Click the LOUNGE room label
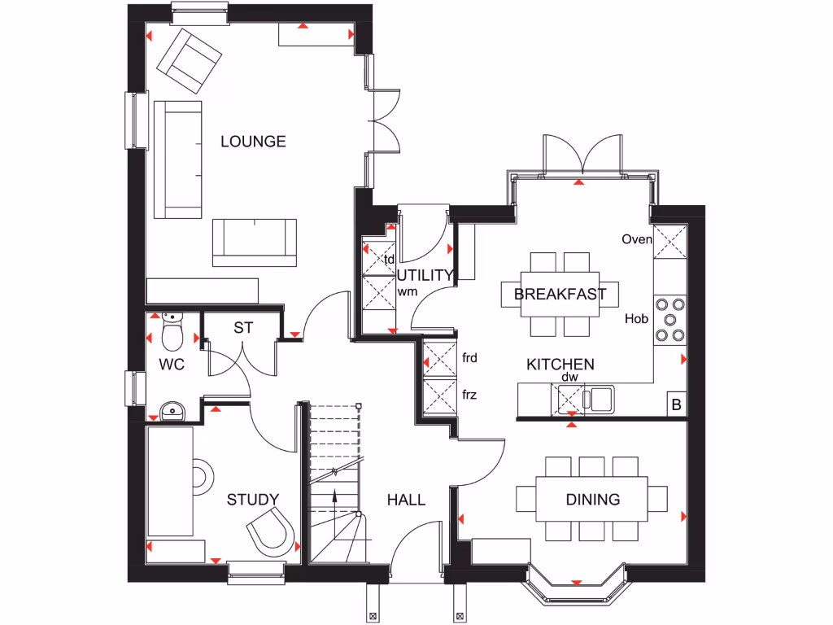tap(253, 142)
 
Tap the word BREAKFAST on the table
tap(560, 295)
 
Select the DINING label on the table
tap(593, 500)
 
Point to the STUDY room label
tap(253, 500)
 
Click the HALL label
tap(406, 500)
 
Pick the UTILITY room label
tap(425, 275)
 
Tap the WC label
tap(172, 365)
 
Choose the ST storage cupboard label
tap(243, 328)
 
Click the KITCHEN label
tap(560, 365)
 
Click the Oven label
tap(636, 239)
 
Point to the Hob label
tap(636, 318)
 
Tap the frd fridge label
tap(469, 357)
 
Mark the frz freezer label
tap(469, 396)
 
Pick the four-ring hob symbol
tap(670, 318)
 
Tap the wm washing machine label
tap(407, 291)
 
